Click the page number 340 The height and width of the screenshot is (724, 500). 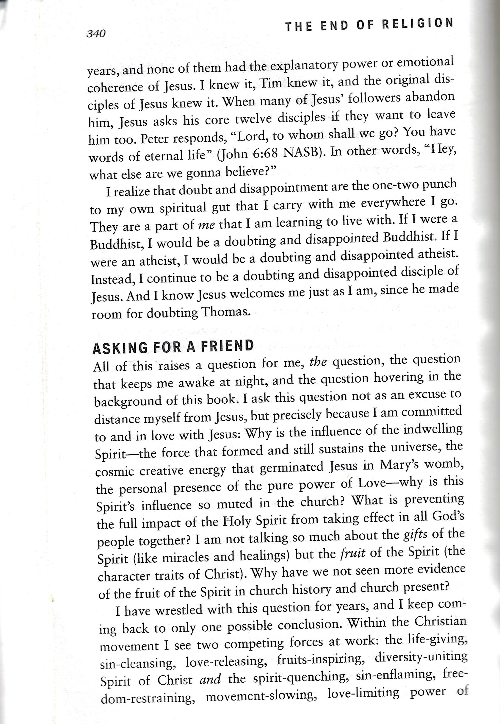[x=96, y=33]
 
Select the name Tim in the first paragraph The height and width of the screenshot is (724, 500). [x=272, y=83]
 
